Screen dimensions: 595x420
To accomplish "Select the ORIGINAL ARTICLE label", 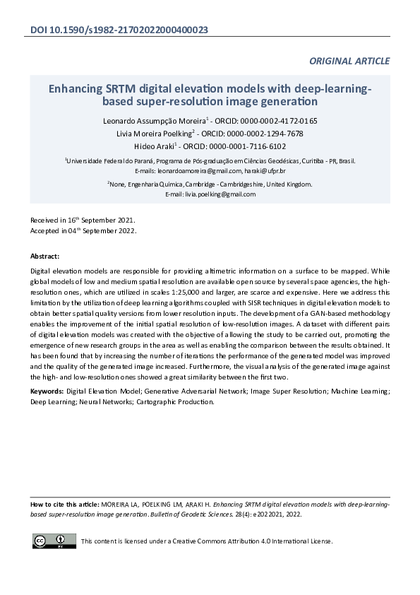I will click(349, 61).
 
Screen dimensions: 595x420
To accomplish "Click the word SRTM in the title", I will click(121, 90).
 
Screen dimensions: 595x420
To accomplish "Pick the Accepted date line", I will click(83, 231).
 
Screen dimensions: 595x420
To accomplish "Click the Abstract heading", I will click(45, 256).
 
